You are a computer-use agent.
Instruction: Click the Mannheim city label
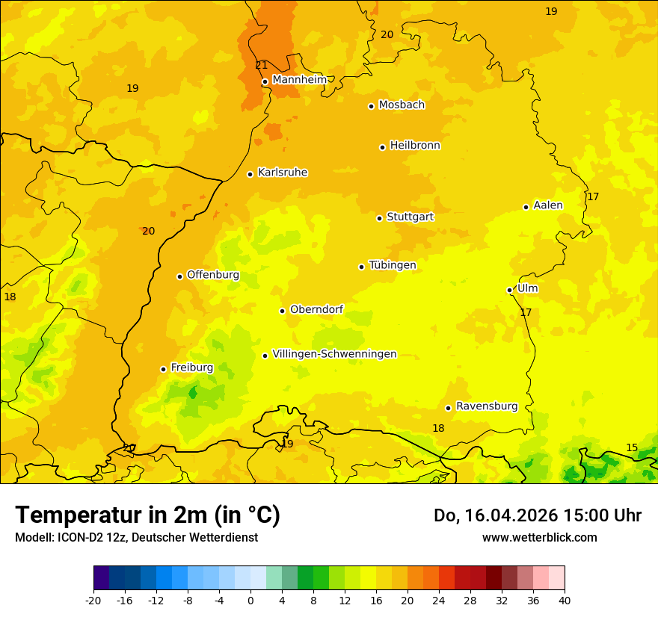point(299,79)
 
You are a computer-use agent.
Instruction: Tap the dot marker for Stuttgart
point(379,218)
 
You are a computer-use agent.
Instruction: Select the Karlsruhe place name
point(282,173)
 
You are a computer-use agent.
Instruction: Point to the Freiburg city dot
point(163,369)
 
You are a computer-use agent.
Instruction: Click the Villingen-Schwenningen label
point(334,354)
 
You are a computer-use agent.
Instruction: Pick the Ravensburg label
point(486,406)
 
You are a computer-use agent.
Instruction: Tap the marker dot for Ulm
point(509,290)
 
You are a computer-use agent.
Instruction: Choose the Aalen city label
point(547,205)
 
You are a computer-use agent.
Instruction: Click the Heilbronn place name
point(414,146)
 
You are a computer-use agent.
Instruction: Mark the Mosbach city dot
point(371,106)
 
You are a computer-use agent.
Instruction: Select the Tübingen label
point(392,265)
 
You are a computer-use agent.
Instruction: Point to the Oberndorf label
point(316,309)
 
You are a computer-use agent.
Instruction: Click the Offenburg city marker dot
point(179,276)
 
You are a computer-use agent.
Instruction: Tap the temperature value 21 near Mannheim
point(261,65)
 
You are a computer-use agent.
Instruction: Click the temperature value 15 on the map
point(632,447)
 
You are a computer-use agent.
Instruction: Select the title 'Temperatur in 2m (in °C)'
point(147,515)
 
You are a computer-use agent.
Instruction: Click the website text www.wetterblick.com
point(539,537)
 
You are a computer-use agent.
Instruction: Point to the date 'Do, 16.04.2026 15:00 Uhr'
point(537,515)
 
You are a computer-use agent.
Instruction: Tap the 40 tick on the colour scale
point(564,600)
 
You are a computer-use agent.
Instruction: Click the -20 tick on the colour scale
point(93,600)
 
